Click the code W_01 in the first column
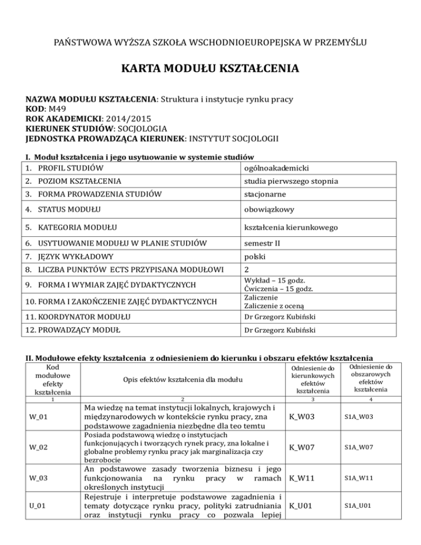click(x=38, y=419)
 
